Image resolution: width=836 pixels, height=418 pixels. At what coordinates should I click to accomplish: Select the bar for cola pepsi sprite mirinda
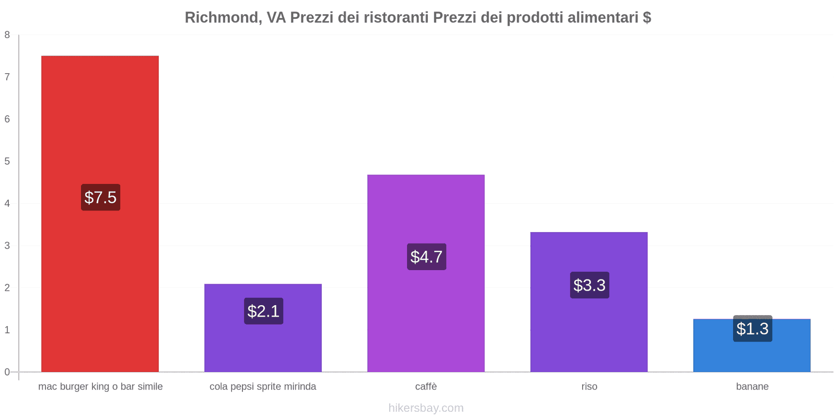263,345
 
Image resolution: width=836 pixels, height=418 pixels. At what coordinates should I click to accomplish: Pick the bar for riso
589,334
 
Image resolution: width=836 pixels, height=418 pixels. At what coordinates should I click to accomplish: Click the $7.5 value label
100,198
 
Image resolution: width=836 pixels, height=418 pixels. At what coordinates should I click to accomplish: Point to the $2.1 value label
263,311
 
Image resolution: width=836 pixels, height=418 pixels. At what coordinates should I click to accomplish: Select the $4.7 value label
426,257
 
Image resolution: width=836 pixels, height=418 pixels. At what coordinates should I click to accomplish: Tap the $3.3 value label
589,285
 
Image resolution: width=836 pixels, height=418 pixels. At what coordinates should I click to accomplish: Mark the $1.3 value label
752,329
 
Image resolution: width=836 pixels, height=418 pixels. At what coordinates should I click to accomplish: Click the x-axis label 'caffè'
426,387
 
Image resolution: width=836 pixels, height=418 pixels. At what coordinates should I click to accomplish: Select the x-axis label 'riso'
589,387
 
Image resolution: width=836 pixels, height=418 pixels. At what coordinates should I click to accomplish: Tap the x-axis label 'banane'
752,387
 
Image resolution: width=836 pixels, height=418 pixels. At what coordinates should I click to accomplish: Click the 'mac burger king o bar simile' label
100,387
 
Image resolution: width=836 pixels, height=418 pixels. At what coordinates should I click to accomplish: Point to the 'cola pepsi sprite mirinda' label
263,387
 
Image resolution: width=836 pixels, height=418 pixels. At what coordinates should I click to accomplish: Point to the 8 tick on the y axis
7,35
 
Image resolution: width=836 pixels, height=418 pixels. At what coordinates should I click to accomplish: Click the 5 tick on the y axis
7,161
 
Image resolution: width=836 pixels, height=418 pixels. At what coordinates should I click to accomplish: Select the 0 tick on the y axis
7,372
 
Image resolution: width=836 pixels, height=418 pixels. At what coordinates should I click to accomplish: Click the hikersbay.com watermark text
426,408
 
